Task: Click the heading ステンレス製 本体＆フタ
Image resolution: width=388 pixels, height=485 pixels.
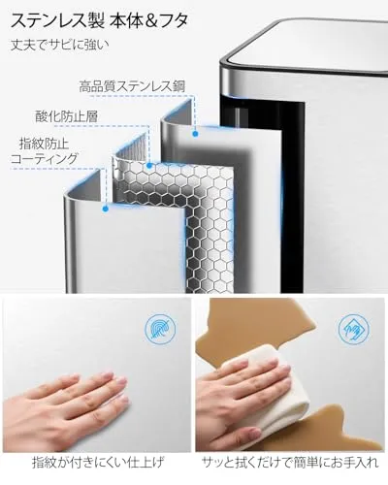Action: coord(99,21)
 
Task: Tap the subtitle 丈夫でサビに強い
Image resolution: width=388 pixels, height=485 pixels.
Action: coord(60,45)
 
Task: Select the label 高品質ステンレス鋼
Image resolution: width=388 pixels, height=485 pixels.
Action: coord(132,86)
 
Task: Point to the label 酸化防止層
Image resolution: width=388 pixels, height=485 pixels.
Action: coord(66,116)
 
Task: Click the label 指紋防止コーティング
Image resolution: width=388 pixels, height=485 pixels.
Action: coord(45,151)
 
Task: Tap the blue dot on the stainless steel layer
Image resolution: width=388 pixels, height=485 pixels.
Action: coord(195,134)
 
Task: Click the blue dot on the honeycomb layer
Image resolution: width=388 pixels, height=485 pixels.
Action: coord(149,166)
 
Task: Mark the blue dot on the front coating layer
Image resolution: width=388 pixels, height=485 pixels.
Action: coord(105,209)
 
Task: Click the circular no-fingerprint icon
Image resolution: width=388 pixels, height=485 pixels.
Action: coord(160,329)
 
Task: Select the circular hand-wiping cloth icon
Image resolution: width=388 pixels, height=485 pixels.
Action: coord(354,329)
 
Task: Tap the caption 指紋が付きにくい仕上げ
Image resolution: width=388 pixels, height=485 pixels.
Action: coord(98,463)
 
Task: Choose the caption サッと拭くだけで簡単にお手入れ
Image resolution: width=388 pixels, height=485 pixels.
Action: coord(290,463)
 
